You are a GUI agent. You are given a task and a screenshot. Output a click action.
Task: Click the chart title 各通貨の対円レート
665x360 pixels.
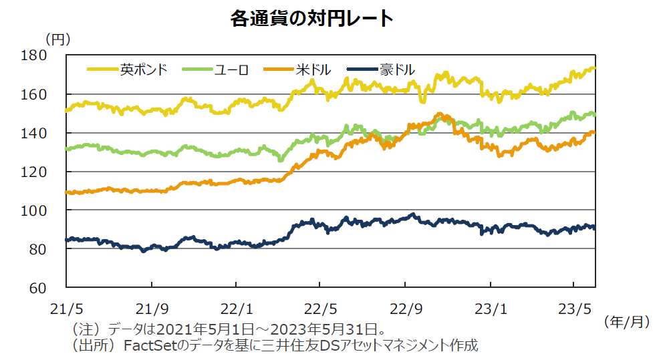point(311,19)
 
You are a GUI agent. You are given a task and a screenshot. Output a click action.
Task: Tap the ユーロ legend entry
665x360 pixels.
point(231,69)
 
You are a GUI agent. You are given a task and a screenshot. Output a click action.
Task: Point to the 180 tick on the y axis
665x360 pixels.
point(51,55)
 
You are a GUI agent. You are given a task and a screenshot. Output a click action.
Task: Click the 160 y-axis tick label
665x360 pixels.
point(51,94)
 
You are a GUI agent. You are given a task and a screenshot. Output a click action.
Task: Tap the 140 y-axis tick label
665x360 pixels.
point(51,133)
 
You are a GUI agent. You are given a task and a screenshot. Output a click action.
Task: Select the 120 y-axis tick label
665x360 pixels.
point(51,172)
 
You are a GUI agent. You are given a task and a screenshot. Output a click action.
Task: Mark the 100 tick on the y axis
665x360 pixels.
point(51,210)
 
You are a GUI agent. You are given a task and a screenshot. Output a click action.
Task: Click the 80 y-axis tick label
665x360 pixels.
point(55,249)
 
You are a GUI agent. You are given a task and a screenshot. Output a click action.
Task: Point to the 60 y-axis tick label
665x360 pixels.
point(55,288)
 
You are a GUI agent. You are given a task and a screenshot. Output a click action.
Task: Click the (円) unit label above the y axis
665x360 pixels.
point(57,39)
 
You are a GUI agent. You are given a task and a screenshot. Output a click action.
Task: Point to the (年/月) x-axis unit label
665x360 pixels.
point(626,322)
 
